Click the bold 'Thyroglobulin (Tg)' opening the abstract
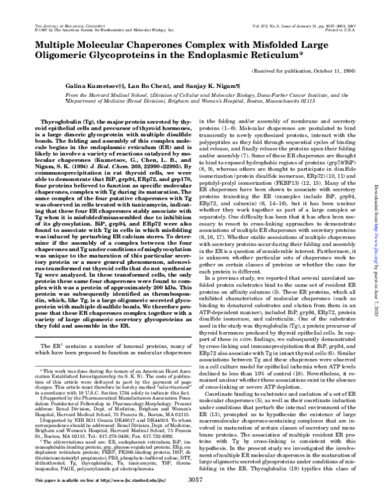[69, 120]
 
